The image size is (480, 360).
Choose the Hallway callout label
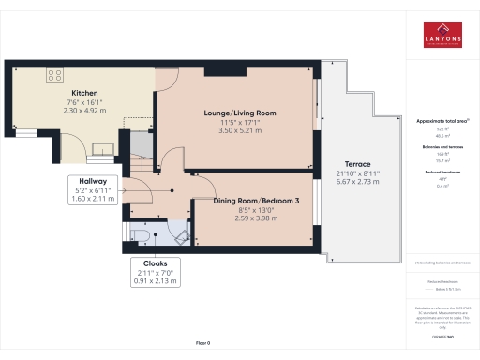pos(92,181)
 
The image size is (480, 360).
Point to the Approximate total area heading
pos(442,121)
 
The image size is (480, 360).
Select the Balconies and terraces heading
pos(442,147)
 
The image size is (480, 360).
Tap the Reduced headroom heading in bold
pos(442,173)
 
